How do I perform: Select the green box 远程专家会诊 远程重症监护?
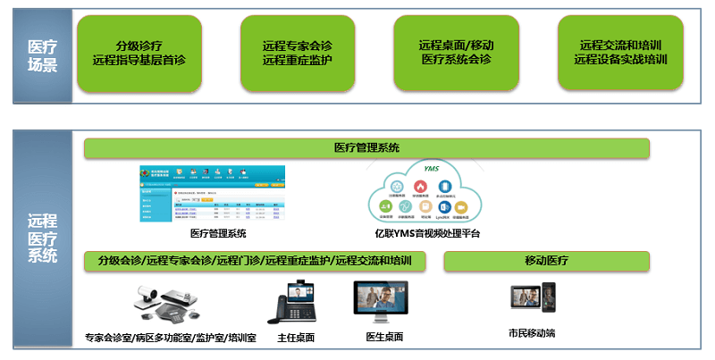(299, 53)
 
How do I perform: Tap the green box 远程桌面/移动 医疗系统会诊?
(456, 53)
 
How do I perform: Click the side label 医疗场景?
(42, 53)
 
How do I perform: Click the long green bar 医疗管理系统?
(366, 148)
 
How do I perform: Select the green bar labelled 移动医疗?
(546, 261)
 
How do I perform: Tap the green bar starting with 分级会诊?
(254, 261)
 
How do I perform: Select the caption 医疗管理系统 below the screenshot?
(218, 234)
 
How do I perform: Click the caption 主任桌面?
(296, 338)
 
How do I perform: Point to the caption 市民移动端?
(532, 333)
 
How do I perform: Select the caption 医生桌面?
(384, 338)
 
